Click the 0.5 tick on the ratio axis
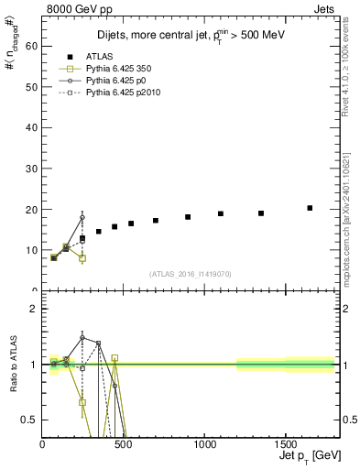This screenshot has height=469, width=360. point(29,420)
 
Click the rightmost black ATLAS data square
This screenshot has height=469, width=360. point(310,208)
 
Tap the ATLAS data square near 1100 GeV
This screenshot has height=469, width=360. point(221,213)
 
